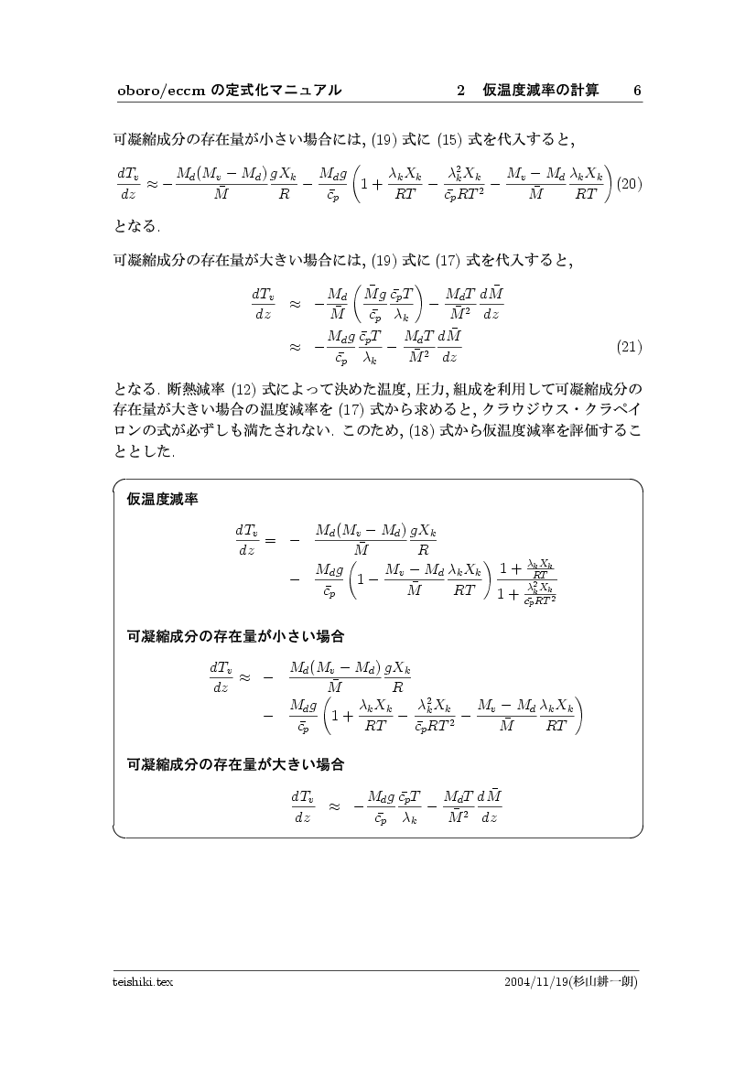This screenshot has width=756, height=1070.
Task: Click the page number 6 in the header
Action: pos(637,90)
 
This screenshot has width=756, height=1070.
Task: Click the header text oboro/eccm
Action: pos(160,90)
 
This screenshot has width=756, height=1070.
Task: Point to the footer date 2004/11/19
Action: pos(535,981)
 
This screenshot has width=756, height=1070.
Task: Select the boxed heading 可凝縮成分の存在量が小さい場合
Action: pos(235,634)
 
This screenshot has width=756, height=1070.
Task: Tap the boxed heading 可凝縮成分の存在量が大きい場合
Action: pos(235,762)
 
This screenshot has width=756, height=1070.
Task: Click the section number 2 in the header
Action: pos(461,90)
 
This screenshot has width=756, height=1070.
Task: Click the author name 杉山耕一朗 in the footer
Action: pos(604,981)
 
